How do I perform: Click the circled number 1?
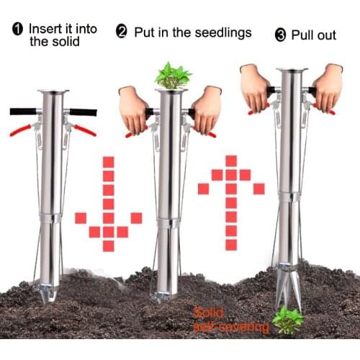(x=17, y=30)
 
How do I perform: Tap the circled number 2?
(x=122, y=32)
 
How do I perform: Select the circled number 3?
(x=281, y=35)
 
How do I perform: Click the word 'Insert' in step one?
(x=44, y=29)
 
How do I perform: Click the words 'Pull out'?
(x=313, y=35)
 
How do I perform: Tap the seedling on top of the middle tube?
(x=173, y=75)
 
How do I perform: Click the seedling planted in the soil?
(x=287, y=320)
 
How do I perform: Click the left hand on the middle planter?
(x=134, y=108)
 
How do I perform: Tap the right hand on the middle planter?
(x=207, y=109)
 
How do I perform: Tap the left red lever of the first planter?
(x=21, y=130)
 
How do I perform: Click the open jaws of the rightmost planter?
(x=289, y=292)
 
